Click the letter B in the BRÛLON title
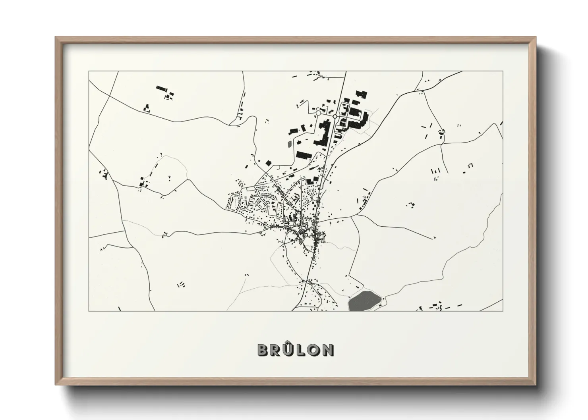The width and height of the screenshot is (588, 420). [x=263, y=350]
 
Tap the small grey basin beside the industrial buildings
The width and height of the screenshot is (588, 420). [x=289, y=143]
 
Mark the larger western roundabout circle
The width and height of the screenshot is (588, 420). [x=318, y=113]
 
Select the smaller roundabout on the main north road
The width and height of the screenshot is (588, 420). [x=335, y=116]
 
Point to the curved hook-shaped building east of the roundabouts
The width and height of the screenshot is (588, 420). [x=360, y=119]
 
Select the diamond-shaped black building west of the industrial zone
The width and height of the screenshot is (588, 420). [x=268, y=163]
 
